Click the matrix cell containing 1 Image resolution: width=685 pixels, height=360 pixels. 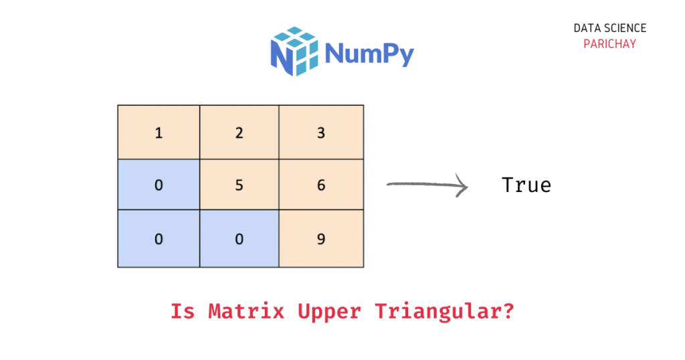coord(159,132)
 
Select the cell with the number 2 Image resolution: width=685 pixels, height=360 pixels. coord(239,132)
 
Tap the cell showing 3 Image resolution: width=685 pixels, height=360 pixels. coord(321,132)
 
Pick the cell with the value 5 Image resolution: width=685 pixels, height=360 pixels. coord(239,185)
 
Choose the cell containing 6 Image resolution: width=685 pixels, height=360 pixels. coord(321,185)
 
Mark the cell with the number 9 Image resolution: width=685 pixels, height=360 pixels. coord(321,238)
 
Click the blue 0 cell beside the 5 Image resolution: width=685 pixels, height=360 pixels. coord(159,185)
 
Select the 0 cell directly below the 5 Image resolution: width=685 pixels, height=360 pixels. coord(239,238)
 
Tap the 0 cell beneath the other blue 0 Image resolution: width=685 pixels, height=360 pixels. coord(159,238)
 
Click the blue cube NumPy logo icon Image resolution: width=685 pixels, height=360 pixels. coord(294,51)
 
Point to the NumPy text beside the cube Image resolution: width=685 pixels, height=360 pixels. coord(369,54)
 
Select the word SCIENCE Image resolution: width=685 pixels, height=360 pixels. coord(625,28)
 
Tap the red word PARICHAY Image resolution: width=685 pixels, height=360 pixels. coord(609,44)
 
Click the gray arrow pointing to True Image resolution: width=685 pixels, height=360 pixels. coord(427,185)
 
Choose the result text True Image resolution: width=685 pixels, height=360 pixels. coord(526,185)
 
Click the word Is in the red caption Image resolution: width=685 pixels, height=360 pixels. coord(183,311)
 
